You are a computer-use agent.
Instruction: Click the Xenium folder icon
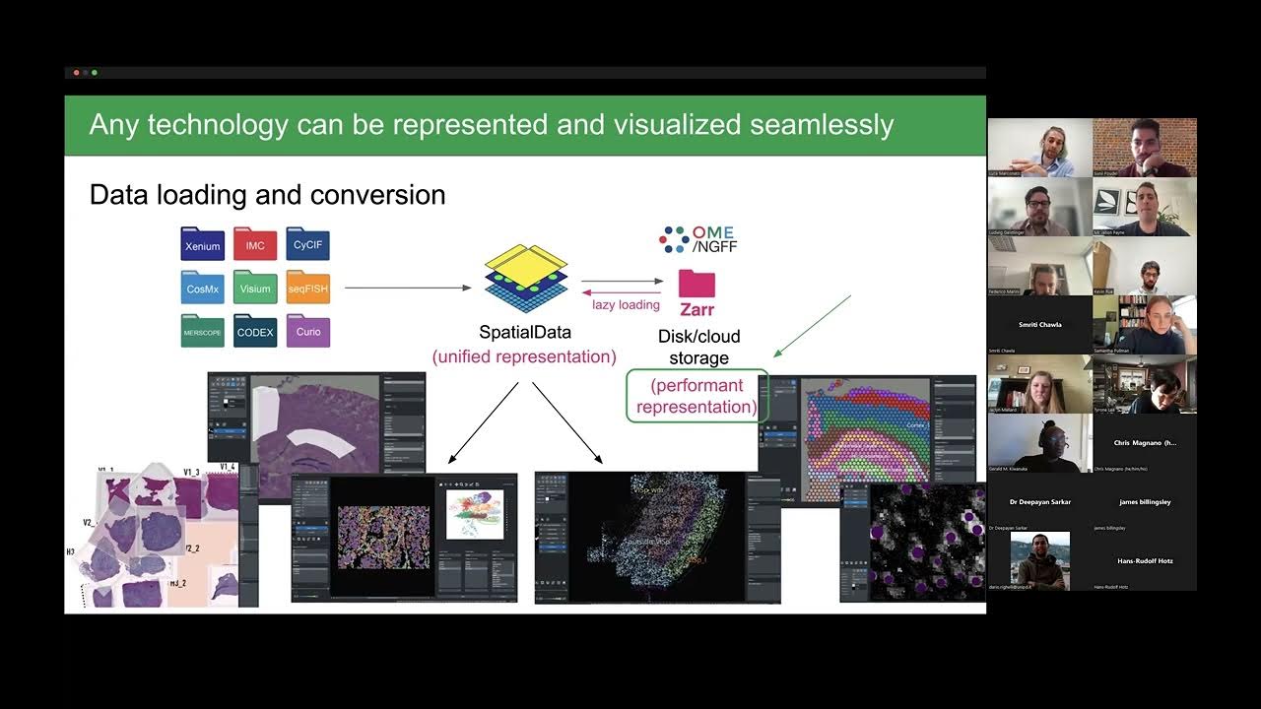coord(203,245)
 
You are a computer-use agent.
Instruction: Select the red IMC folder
coord(255,245)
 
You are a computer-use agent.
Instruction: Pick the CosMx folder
coord(203,289)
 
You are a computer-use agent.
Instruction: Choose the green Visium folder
coord(255,289)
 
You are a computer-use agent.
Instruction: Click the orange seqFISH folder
coord(307,289)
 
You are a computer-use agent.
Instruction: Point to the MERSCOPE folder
coord(203,332)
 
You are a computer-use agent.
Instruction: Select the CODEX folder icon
coord(255,332)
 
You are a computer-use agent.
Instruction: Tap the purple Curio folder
coord(307,332)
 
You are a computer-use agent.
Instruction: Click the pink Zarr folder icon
coord(697,285)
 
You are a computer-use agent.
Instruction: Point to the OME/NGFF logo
coord(698,239)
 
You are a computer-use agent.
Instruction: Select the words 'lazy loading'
coord(626,305)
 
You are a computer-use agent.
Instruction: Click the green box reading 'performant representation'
coord(697,397)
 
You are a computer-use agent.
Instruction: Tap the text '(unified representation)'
coord(524,356)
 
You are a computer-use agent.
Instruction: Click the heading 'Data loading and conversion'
coord(267,195)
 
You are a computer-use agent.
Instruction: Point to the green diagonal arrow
coord(813,325)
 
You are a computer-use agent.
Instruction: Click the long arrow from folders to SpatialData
coord(408,289)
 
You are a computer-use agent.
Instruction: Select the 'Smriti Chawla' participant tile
coord(1039,325)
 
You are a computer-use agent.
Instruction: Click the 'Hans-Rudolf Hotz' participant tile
coord(1145,561)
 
